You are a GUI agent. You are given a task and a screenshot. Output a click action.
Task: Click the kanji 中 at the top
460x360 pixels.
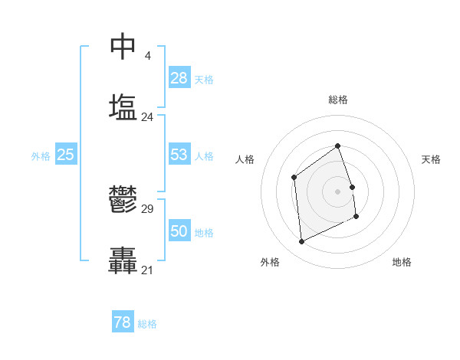click(x=123, y=46)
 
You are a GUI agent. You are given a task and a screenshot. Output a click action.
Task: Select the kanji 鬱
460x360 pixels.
click(x=123, y=200)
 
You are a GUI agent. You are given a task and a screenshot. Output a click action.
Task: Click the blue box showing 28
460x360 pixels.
click(x=179, y=78)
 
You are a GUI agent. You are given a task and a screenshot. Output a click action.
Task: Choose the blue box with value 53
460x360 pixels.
click(x=179, y=155)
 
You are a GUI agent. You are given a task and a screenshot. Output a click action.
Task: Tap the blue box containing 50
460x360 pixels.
click(x=179, y=231)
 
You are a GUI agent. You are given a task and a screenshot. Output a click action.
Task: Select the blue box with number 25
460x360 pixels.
click(x=66, y=155)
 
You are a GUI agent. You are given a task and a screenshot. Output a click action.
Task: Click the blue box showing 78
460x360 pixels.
click(x=123, y=322)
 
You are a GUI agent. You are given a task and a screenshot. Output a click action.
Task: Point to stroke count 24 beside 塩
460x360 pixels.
click(x=147, y=117)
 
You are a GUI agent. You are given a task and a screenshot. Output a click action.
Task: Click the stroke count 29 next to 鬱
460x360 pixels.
click(x=147, y=209)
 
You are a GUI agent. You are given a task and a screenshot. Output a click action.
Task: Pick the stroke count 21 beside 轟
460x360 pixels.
click(x=147, y=270)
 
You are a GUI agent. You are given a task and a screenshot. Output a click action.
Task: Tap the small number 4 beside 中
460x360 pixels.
click(x=147, y=56)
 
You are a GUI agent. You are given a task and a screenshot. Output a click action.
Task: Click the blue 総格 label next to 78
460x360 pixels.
click(x=147, y=324)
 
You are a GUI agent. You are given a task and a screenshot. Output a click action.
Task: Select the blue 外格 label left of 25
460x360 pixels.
click(x=41, y=156)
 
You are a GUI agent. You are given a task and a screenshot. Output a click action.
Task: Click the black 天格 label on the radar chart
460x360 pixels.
click(x=431, y=159)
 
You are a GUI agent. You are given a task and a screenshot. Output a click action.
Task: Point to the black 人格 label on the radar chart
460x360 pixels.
click(x=245, y=159)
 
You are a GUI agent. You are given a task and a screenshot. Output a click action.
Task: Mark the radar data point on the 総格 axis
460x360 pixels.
click(x=337, y=146)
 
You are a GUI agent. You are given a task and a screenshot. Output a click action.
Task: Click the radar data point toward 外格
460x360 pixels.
click(x=302, y=242)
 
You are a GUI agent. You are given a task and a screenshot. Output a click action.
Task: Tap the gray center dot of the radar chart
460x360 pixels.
click(x=337, y=191)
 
